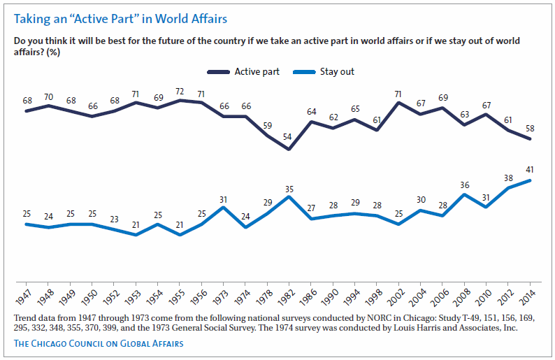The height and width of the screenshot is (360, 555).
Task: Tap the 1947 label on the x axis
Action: (x=27, y=296)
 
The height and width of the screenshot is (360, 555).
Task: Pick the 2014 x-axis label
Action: (x=530, y=296)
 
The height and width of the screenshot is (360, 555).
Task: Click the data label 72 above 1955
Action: (x=180, y=92)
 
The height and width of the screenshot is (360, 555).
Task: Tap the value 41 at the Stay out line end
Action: (x=531, y=169)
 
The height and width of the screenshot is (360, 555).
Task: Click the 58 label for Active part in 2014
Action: (x=531, y=127)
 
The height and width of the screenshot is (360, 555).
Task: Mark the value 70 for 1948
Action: (x=49, y=96)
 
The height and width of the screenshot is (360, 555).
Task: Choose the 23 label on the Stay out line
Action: (x=115, y=218)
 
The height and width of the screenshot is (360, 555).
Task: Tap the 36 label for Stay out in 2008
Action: (x=465, y=185)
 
